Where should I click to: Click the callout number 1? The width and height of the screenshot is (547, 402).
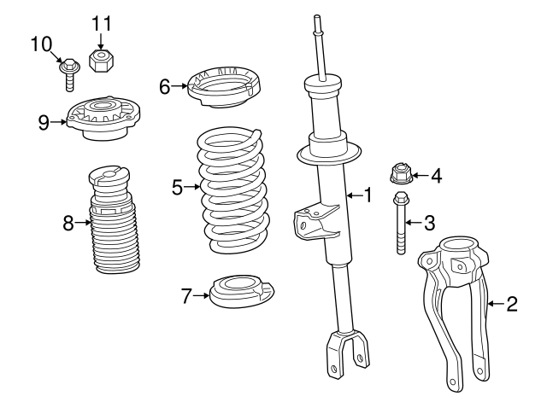pyautogui.click(x=368, y=195)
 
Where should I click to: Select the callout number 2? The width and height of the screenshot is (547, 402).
pyautogui.click(x=511, y=303)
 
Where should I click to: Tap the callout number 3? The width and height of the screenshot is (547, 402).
pyautogui.click(x=429, y=223)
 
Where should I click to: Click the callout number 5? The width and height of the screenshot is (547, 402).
pyautogui.click(x=178, y=186)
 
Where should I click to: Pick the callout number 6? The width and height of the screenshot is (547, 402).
pyautogui.click(x=165, y=85)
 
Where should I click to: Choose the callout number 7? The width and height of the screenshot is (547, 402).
pyautogui.click(x=186, y=296)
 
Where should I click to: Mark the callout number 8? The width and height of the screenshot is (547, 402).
pyautogui.click(x=68, y=224)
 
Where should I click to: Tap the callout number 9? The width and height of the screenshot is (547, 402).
pyautogui.click(x=44, y=122)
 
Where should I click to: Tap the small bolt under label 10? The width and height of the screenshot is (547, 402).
pyautogui.click(x=68, y=74)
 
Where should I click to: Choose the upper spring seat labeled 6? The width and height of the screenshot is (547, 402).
pyautogui.click(x=224, y=87)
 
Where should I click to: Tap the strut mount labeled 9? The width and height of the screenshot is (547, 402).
pyautogui.click(x=103, y=120)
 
